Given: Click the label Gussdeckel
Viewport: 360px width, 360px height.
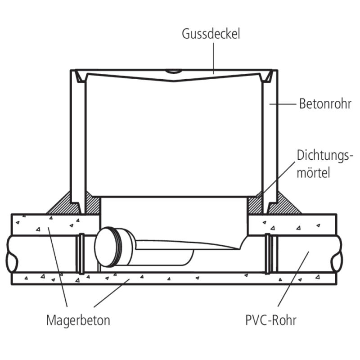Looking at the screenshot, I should [211, 34].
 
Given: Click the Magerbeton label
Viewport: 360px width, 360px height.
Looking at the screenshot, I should [78, 320].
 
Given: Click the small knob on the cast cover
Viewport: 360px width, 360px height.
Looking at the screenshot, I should [173, 71].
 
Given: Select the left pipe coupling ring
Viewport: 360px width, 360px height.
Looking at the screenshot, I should [82, 253].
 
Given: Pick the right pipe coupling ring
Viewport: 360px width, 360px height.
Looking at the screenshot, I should [269, 253].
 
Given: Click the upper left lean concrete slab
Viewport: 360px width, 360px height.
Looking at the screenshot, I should [54, 224].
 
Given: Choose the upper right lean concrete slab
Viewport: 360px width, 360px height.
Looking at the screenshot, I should [292, 224].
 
